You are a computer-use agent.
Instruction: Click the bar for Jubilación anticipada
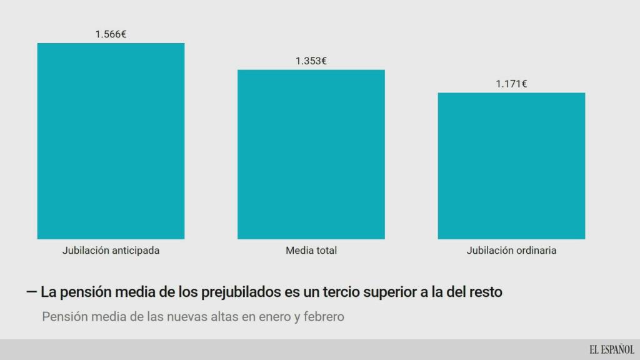pos(111,141)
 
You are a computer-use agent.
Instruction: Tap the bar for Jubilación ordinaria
pos(511,166)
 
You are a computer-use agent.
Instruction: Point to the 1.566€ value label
pos(111,34)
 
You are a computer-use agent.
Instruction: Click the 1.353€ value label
pos(311,61)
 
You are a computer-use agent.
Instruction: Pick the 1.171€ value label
pos(511,84)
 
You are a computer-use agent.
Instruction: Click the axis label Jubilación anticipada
pos(111,251)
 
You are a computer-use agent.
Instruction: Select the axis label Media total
pos(311,251)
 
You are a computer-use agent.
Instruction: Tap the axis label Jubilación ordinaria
pos(511,251)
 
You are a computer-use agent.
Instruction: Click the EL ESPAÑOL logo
pos(611,350)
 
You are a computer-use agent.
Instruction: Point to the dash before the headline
pos(32,292)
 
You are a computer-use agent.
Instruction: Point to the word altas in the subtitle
pos(224,317)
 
